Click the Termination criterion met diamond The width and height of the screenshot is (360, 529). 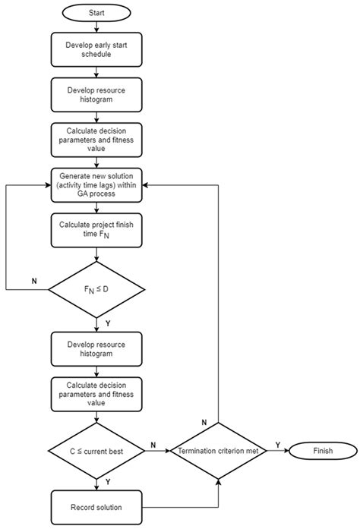coord(218,452)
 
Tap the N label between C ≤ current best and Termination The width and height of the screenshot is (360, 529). coord(155,445)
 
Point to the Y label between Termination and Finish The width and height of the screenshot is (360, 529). coord(277,445)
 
